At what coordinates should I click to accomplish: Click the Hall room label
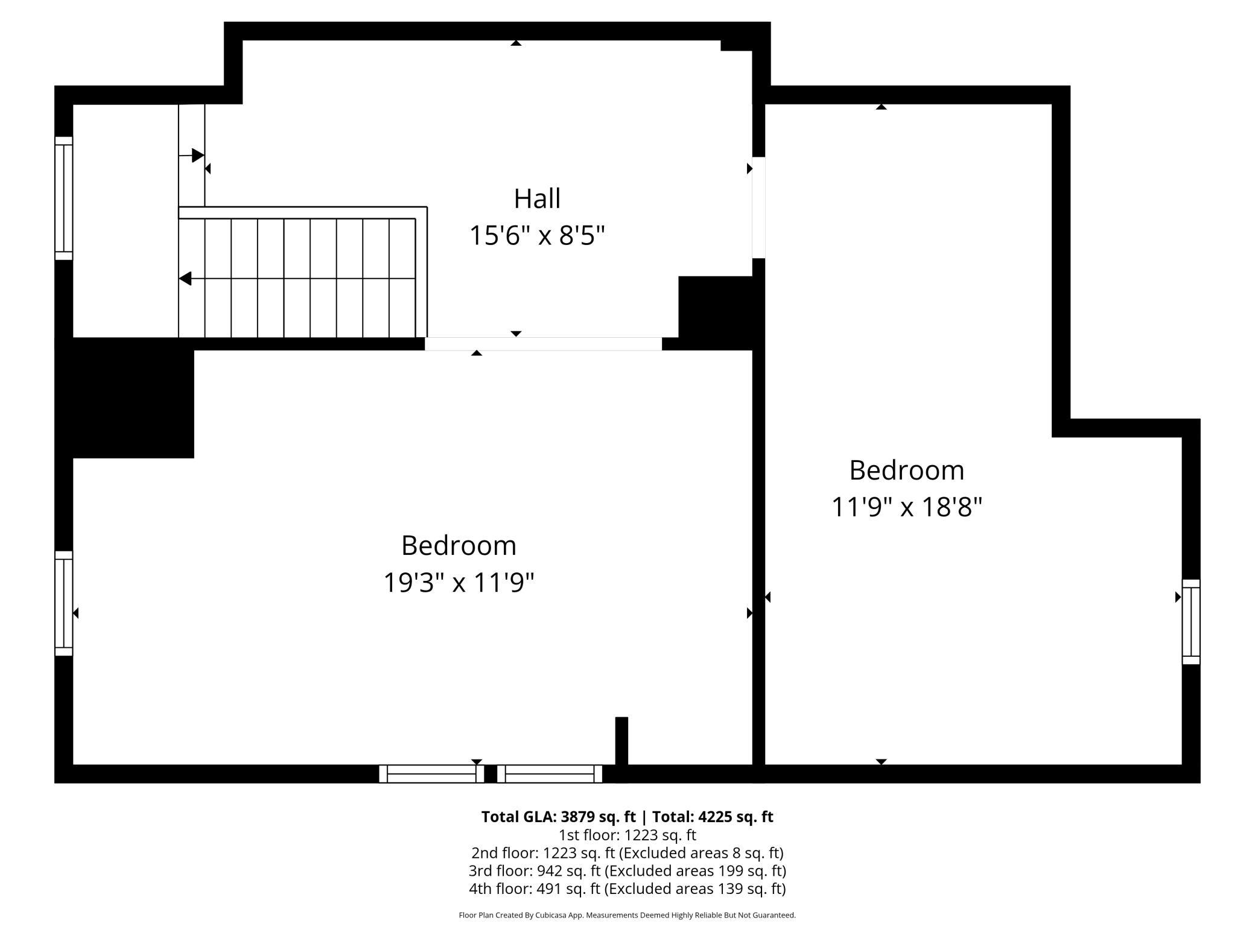tap(537, 198)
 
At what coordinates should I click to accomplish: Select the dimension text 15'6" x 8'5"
tap(537, 235)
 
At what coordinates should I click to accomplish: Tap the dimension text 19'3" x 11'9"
tap(459, 583)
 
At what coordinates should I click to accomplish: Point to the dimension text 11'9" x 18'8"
tap(906, 507)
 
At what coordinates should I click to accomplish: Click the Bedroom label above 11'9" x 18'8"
tap(906, 470)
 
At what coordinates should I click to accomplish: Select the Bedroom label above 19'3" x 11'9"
tap(459, 546)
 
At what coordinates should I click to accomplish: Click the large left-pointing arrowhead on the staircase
tap(185, 279)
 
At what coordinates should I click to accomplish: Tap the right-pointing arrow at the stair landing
tap(197, 156)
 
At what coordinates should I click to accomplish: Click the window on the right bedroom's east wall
tap(1190, 622)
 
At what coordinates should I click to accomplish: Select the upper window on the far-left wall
tap(64, 198)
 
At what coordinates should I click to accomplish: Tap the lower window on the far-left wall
tap(64, 603)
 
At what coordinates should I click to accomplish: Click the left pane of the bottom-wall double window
tap(431, 774)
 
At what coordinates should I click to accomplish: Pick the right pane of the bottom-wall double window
tap(550, 774)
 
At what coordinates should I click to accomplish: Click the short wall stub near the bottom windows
tap(621, 741)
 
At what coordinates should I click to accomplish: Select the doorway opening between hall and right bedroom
tap(758, 208)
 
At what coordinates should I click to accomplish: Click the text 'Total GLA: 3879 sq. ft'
tap(558, 817)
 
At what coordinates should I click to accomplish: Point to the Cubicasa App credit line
tap(627, 915)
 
